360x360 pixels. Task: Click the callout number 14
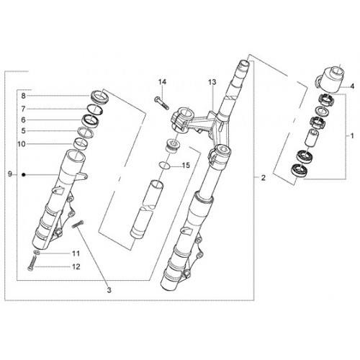pos(162,82)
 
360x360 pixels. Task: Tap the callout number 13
pos(212,82)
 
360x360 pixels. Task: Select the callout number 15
pos(186,166)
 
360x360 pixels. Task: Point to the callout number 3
pos(109,290)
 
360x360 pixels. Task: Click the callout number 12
pos(76,266)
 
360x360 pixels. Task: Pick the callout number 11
pos(76,253)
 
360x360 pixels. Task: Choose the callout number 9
pos(9,174)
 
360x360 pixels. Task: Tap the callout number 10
pos(22,144)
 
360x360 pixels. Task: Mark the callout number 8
pos(23,96)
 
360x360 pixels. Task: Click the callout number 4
pos(352,86)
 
